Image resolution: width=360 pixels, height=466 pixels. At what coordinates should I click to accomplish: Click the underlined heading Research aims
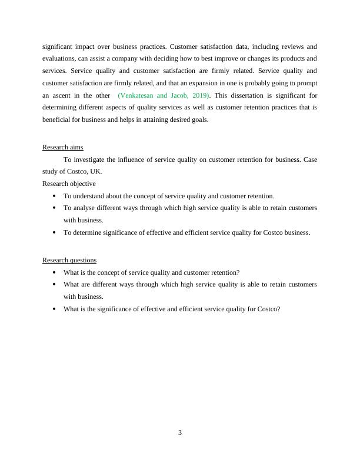tap(62, 148)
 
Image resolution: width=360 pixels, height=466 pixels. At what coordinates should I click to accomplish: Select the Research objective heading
tap(69, 184)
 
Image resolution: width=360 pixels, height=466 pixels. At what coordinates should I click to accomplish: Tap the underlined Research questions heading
tap(69, 260)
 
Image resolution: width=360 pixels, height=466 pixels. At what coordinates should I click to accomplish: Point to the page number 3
tap(180, 432)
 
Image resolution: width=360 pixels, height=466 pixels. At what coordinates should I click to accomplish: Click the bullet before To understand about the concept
tap(54, 197)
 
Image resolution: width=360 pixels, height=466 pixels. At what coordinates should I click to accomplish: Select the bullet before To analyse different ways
tap(54, 208)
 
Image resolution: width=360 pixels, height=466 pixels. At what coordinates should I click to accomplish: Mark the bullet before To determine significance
tap(54, 233)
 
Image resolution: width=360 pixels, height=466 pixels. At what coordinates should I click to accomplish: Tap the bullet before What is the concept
tap(54, 273)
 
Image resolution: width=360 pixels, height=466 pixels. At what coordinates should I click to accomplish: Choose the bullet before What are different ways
tap(54, 285)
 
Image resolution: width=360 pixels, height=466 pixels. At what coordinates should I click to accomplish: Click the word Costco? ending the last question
tap(269, 309)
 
